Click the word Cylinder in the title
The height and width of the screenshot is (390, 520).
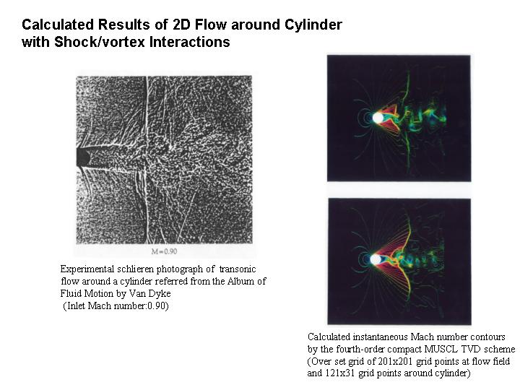[313, 25]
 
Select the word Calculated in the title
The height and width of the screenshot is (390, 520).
[58, 25]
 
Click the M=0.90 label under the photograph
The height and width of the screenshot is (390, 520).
[164, 251]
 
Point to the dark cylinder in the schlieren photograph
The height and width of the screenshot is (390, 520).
[83, 157]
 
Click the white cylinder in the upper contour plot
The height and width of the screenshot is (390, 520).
[378, 118]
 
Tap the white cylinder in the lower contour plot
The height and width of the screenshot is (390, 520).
[376, 259]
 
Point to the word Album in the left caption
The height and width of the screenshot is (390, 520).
[239, 281]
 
